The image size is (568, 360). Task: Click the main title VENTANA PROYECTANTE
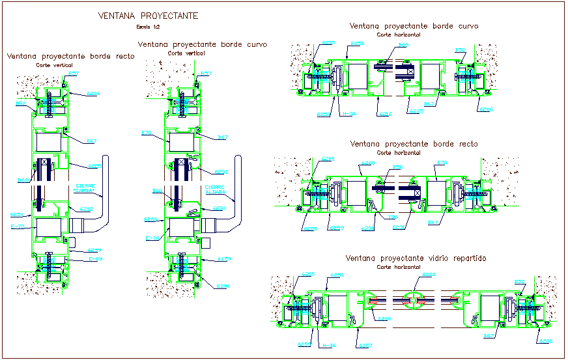point(147,16)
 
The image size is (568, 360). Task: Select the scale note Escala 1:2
point(148,27)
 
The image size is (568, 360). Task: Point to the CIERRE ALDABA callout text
point(215,189)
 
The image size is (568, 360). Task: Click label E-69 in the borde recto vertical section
point(96,258)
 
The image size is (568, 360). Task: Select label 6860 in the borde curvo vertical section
point(150,219)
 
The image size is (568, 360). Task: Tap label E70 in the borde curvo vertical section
point(145,133)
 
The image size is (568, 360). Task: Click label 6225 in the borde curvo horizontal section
point(416,111)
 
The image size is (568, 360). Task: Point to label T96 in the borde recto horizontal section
point(393,217)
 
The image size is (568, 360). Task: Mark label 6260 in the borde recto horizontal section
point(369,163)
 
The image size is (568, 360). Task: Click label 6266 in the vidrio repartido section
point(384,318)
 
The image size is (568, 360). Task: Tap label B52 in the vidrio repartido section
point(520,282)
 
